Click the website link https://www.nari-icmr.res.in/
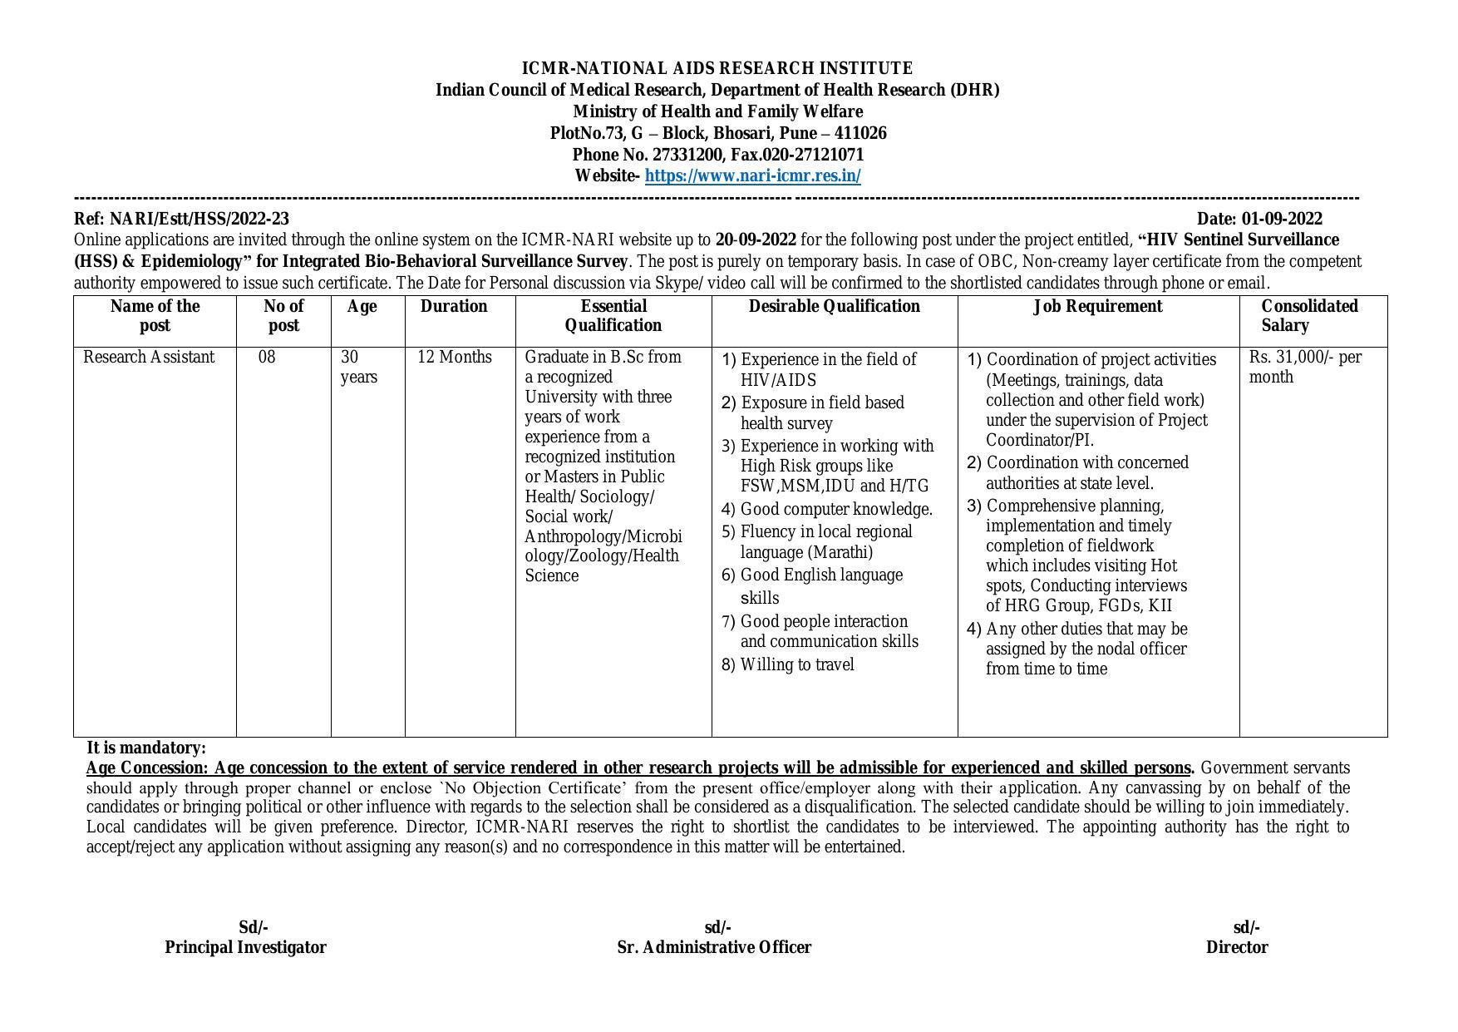tap(752, 176)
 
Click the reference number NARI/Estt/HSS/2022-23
tap(199, 219)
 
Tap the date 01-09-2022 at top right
tap(1282, 219)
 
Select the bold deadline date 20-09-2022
tap(755, 240)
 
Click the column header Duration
tap(454, 307)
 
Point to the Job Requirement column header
tap(1097, 307)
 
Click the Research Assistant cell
tap(149, 358)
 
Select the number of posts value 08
tap(267, 358)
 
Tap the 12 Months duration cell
tap(455, 358)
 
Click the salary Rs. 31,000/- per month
tap(1304, 367)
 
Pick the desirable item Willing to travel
tap(796, 664)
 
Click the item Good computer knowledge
tap(835, 509)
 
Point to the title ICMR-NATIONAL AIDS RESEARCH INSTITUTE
tap(717, 68)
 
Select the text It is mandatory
tap(146, 748)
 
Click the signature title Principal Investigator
tap(245, 947)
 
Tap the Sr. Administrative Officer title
tap(714, 947)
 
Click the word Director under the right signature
tap(1237, 947)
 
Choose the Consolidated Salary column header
tap(1308, 316)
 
